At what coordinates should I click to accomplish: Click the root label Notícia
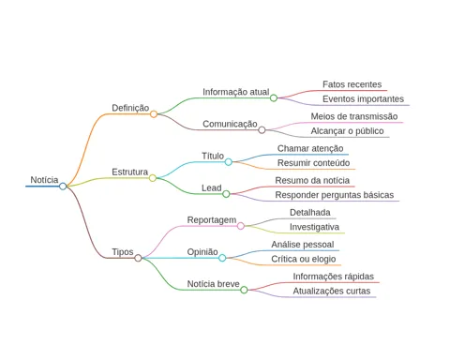[44, 180]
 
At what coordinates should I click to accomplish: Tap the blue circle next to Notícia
[63, 187]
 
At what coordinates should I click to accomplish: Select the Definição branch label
[130, 108]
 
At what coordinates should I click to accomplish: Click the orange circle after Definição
[154, 114]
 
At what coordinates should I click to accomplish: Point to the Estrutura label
[130, 172]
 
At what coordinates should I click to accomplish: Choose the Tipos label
[123, 252]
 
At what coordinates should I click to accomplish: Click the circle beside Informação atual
[274, 98]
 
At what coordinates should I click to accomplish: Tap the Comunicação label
[230, 124]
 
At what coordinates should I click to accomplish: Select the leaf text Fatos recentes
[352, 84]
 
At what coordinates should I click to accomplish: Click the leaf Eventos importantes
[363, 99]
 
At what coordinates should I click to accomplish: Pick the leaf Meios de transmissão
[354, 116]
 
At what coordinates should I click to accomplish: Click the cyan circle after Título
[229, 162]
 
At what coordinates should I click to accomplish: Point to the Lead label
[212, 187]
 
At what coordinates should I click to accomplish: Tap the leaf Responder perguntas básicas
[335, 195]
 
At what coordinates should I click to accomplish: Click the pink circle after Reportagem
[241, 226]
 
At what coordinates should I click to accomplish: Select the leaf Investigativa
[314, 227]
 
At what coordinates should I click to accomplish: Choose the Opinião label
[202, 252]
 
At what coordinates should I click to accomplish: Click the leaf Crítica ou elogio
[304, 259]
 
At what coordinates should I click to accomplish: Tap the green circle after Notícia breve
[244, 290]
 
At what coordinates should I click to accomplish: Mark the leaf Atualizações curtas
[332, 292]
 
